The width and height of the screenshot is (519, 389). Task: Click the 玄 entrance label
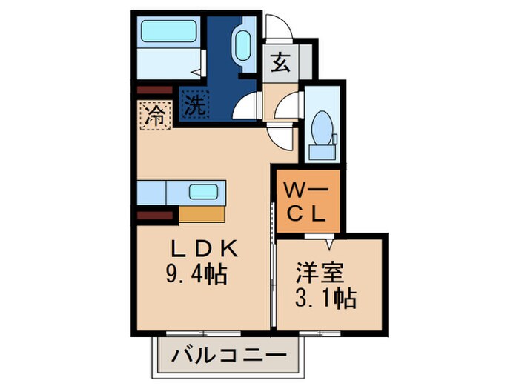tap(280, 63)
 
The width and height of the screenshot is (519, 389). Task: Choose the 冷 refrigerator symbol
tap(155, 115)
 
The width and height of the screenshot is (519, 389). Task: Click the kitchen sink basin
tap(202, 191)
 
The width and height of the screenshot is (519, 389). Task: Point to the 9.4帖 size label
tap(195, 276)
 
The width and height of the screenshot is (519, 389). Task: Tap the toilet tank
tap(322, 152)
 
